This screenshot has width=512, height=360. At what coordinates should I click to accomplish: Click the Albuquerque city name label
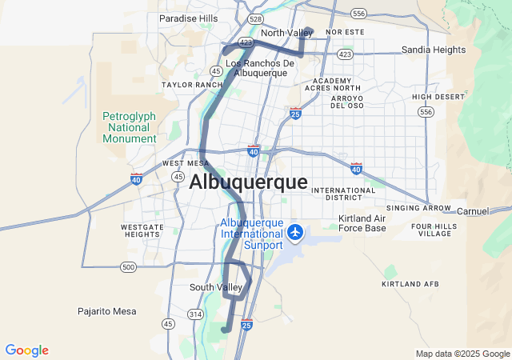[x=248, y=182]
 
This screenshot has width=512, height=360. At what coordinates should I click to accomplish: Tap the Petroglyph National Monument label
[x=130, y=127]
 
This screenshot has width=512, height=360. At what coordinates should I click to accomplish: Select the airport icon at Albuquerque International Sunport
[x=296, y=232]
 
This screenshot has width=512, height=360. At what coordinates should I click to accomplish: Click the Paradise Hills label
[x=188, y=18]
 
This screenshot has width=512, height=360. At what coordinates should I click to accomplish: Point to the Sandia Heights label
[x=433, y=50]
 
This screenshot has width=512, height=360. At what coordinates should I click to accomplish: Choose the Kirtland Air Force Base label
[x=362, y=223]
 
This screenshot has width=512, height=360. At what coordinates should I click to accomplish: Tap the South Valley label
[x=215, y=287]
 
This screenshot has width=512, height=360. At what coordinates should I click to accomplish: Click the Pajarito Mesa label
[x=106, y=311]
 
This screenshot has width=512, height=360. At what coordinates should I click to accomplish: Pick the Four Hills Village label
[x=434, y=230]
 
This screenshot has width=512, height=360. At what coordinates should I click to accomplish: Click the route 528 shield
[x=255, y=18]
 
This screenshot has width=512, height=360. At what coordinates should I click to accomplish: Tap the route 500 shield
[x=128, y=266]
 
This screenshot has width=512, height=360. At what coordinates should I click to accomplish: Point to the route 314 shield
[x=195, y=314]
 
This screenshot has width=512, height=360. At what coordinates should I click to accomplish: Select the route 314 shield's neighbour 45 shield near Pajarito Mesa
[x=168, y=323]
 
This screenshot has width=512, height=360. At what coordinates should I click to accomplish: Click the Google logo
[x=26, y=350]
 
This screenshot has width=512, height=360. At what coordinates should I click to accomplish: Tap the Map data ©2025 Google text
[x=462, y=354]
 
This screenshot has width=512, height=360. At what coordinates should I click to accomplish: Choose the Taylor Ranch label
[x=192, y=84]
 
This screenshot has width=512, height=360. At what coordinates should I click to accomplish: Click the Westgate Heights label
[x=142, y=231]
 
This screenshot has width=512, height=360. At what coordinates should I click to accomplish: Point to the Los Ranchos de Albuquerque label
[x=256, y=68]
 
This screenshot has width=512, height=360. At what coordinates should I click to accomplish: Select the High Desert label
[x=438, y=97]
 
